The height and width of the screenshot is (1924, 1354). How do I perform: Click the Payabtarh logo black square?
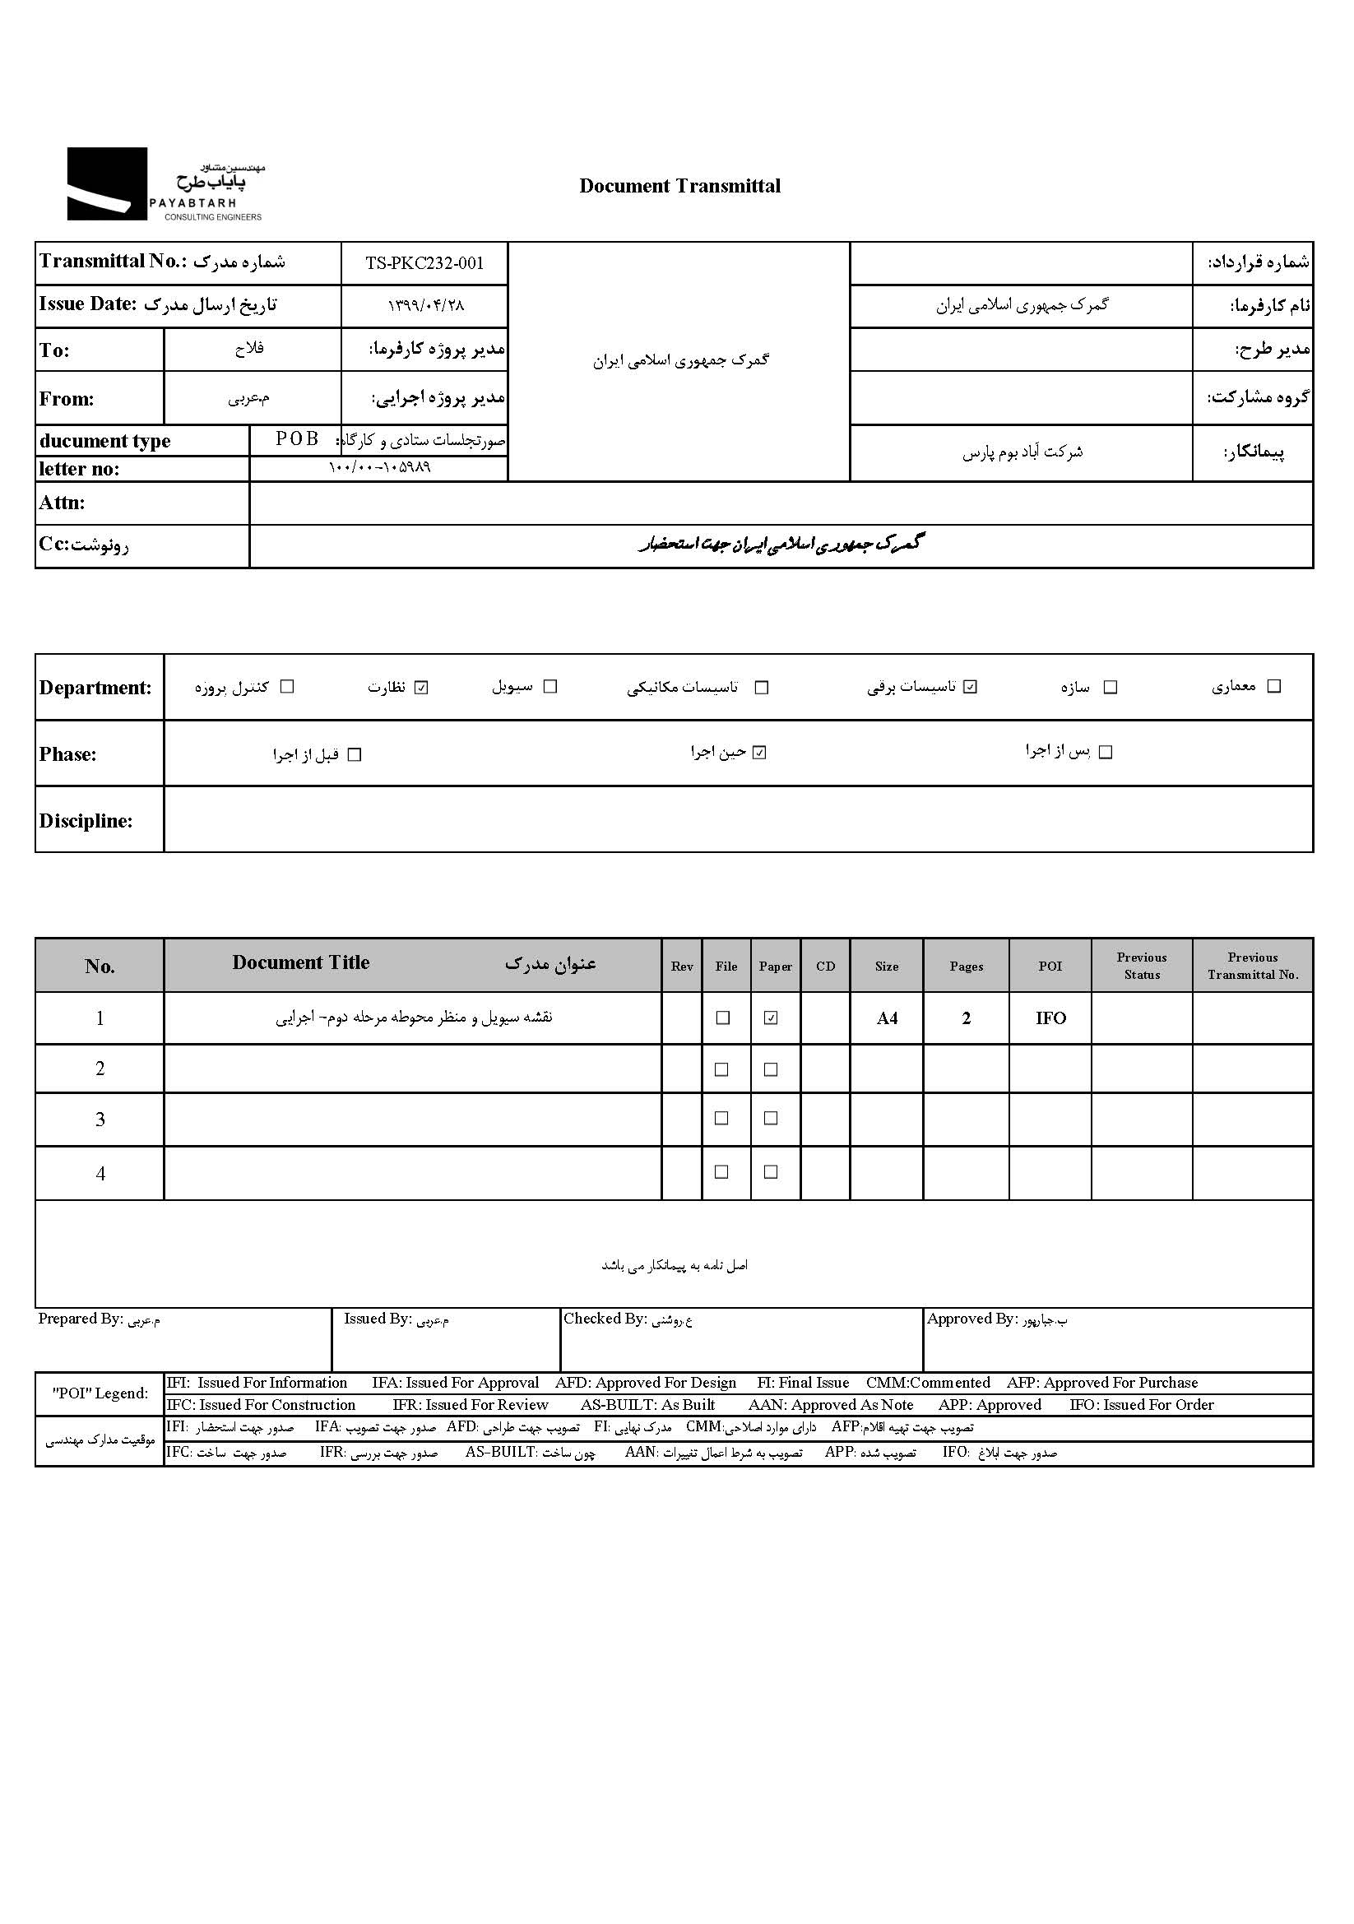point(106,183)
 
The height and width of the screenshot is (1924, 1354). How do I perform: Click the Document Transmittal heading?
point(679,186)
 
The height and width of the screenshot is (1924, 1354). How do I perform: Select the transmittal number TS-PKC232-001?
point(424,263)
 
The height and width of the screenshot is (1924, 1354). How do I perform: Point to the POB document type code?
point(298,438)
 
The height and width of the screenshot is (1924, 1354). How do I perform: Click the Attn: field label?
point(62,503)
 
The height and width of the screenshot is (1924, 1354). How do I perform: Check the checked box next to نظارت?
point(421,687)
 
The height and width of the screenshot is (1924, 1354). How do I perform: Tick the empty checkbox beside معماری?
point(1273,686)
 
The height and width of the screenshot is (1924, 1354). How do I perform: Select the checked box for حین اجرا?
point(759,753)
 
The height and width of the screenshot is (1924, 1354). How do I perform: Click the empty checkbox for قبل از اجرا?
point(355,755)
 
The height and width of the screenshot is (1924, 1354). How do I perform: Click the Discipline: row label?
point(86,820)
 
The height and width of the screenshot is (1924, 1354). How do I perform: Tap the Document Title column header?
point(301,963)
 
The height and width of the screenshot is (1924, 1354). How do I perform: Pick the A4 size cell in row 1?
point(887,1018)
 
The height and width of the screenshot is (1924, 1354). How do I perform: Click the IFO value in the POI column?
point(1050,1018)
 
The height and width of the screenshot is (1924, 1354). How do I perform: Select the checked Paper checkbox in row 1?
point(771,1018)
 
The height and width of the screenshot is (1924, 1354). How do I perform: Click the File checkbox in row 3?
point(721,1119)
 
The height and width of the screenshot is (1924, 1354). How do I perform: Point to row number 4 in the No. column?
point(100,1173)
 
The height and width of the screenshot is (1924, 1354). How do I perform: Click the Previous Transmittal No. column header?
point(1252,966)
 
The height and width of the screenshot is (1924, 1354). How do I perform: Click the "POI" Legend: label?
point(100,1393)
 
